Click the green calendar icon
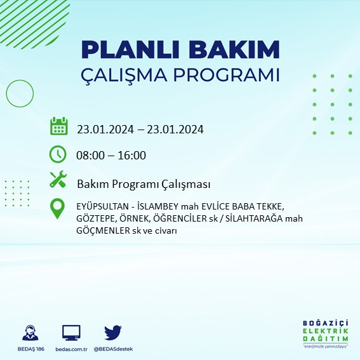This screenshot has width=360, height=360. pyautogui.click(x=58, y=126)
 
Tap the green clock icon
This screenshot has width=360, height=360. pyautogui.click(x=58, y=154)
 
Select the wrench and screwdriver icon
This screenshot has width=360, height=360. pyautogui.click(x=58, y=180)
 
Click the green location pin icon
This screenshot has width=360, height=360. pyautogui.click(x=58, y=208)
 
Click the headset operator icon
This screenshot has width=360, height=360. pyautogui.click(x=29, y=333)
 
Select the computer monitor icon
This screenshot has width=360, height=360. pyautogui.click(x=71, y=333)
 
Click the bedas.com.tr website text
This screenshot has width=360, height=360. pyautogui.click(x=71, y=349)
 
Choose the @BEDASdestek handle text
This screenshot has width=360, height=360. pyautogui.click(x=113, y=349)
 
